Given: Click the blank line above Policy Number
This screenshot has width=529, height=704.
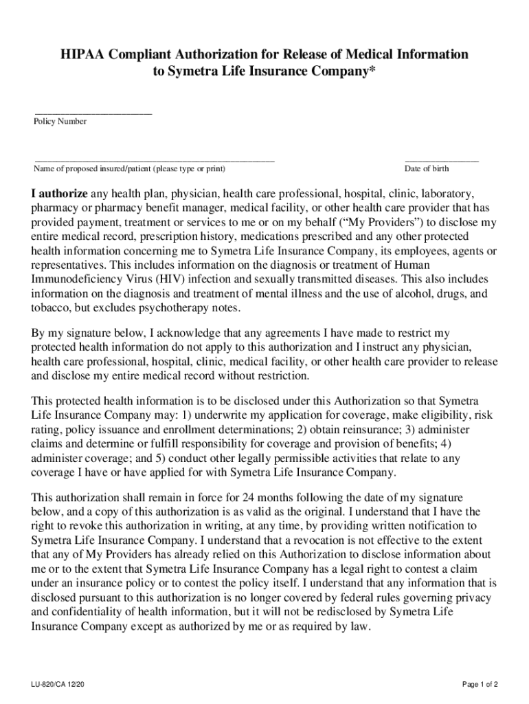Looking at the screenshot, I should point(93,112).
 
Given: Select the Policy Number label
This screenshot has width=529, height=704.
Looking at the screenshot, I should point(60,122).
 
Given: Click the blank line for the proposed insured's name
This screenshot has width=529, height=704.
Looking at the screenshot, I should point(154,159).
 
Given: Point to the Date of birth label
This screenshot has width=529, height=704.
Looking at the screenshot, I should point(427,169).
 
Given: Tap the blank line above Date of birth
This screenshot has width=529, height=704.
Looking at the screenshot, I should point(441,159).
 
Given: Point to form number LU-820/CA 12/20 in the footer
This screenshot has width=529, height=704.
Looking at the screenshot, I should point(58,685).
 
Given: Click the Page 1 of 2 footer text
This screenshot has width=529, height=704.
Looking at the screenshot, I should point(480,685).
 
